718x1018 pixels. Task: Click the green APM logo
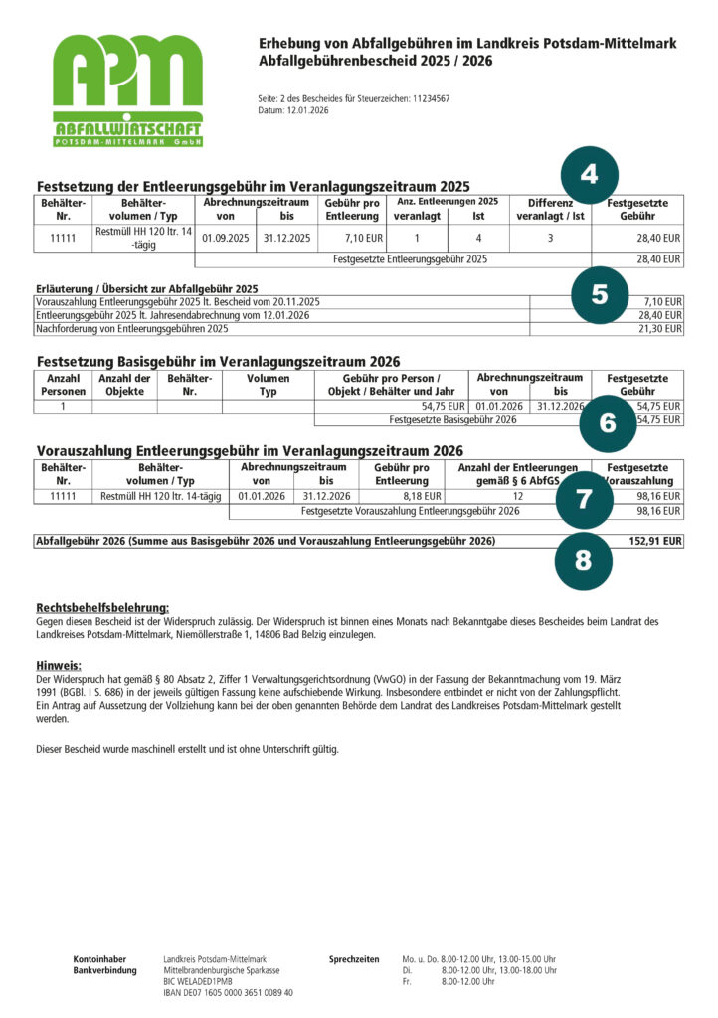[127, 90]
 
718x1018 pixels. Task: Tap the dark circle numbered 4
[589, 175]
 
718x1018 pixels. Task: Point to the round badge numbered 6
[608, 423]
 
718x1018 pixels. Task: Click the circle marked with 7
[584, 499]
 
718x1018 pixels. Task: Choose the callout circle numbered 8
[582, 560]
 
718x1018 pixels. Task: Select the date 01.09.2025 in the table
[226, 239]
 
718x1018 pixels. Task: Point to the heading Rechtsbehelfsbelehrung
[102, 607]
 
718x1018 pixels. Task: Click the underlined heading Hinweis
[58, 665]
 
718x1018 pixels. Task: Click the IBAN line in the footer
[228, 992]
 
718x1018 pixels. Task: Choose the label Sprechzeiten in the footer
[354, 958]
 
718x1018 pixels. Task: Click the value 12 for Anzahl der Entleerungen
[518, 494]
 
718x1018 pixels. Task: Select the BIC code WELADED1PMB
[200, 981]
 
